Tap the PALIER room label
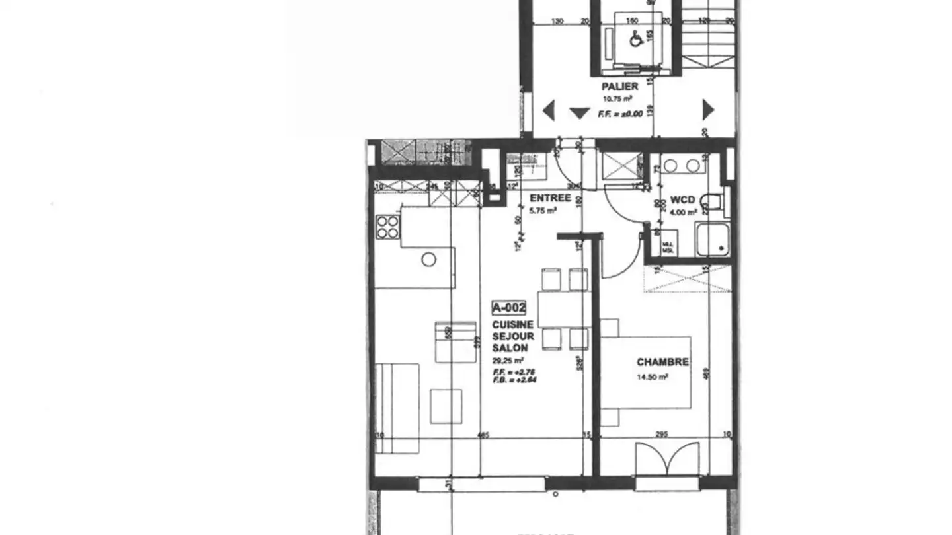click(619, 87)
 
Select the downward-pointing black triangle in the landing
click(580, 113)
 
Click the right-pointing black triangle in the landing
click(708, 110)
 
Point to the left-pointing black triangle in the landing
click(548, 110)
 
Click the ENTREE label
click(550, 197)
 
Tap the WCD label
click(682, 199)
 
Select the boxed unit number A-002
click(509, 307)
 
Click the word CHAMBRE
click(662, 362)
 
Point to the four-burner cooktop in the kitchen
click(387, 227)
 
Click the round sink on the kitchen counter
click(428, 260)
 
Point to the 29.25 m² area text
click(508, 361)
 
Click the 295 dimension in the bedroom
click(661, 434)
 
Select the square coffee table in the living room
click(446, 406)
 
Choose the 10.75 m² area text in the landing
click(614, 100)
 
